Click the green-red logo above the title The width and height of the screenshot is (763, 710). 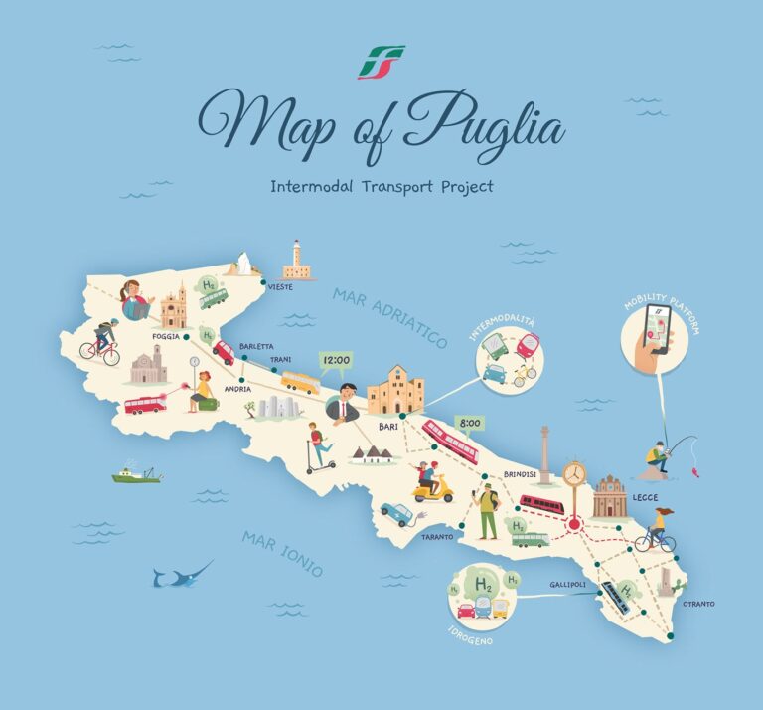(x=381, y=62)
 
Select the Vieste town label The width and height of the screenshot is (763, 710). (x=280, y=287)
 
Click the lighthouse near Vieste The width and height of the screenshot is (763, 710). (x=294, y=260)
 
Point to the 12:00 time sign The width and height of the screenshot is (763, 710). (x=336, y=360)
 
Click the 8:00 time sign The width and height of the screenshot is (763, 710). (x=470, y=423)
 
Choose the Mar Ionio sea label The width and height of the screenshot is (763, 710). (x=282, y=554)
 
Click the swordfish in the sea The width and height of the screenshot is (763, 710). (x=182, y=574)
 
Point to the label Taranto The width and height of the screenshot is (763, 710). (x=438, y=537)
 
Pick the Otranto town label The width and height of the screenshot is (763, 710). (x=698, y=604)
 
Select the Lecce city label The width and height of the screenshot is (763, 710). (x=645, y=496)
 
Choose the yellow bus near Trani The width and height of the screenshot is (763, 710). (x=300, y=382)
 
